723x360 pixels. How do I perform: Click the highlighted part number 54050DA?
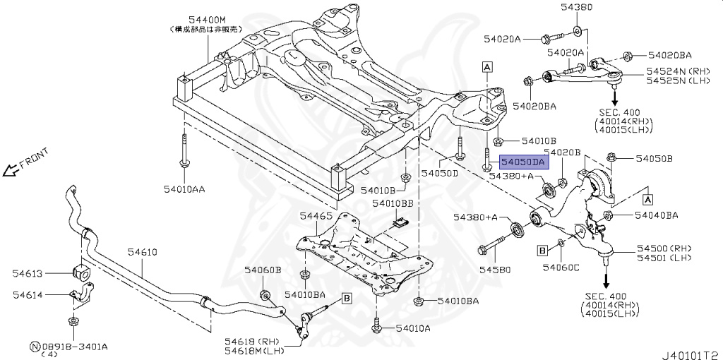click(523, 162)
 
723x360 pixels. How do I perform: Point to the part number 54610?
click(142, 252)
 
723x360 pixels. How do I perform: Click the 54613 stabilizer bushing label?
click(27, 272)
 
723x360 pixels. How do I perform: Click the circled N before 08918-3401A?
click(35, 347)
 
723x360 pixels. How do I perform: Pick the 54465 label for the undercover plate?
click(316, 215)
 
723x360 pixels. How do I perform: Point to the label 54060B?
click(263, 270)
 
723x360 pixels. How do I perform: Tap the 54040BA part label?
click(656, 215)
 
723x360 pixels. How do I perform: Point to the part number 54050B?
click(655, 158)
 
